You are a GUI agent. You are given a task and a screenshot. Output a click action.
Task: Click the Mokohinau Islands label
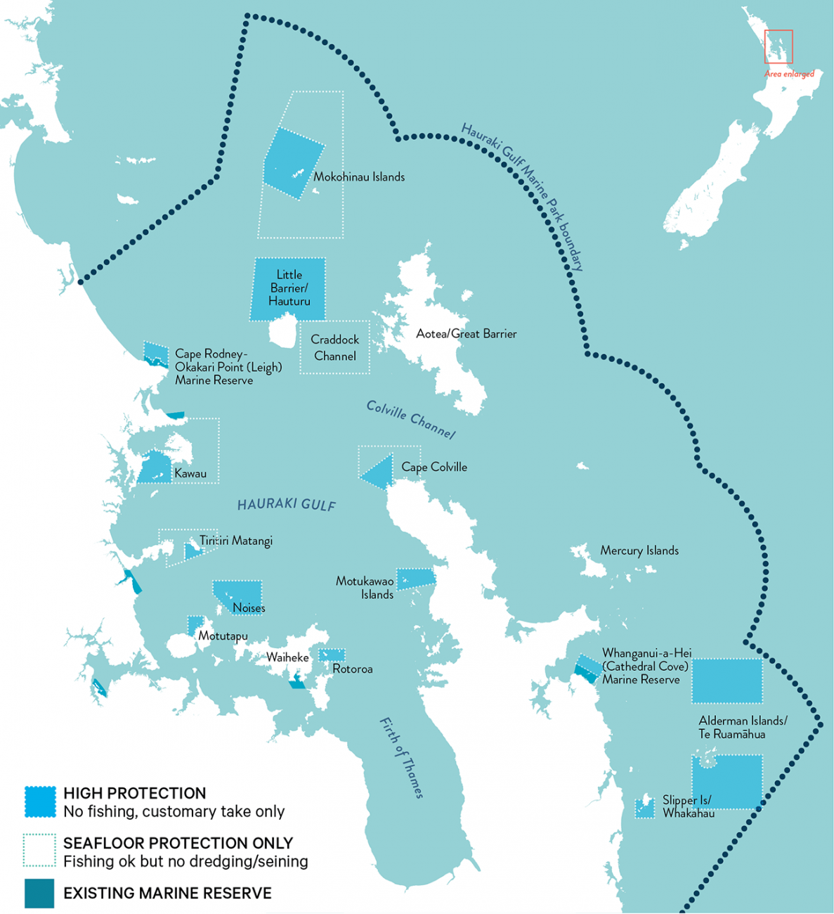[358, 177]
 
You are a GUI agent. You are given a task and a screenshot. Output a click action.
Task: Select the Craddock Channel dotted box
[334, 348]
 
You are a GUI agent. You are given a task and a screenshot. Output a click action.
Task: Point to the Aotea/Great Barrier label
[466, 334]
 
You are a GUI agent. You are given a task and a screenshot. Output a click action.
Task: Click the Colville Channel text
[411, 420]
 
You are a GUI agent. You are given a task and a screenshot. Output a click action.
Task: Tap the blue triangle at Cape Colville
[379, 473]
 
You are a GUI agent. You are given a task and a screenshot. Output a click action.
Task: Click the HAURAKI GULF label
[286, 504]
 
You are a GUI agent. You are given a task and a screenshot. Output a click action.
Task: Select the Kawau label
[190, 474]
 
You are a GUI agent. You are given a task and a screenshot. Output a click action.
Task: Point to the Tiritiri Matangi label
[235, 541]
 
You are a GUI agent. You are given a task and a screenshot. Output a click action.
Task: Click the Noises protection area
[237, 595]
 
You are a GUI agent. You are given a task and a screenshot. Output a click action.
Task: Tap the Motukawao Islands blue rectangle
[416, 578]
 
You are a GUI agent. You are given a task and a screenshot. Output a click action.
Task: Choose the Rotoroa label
[352, 669]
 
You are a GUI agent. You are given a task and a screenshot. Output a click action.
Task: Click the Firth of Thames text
[402, 757]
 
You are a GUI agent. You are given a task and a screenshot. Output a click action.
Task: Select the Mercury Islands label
[639, 551]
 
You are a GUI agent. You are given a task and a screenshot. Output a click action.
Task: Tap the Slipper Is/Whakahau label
[687, 806]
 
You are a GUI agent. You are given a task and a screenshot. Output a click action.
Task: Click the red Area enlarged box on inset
[778, 47]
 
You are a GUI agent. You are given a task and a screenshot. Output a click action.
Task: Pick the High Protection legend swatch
[40, 802]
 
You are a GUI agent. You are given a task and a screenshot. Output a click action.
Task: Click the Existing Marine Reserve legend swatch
[39, 893]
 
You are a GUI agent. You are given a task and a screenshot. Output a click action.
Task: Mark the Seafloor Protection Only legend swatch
[39, 851]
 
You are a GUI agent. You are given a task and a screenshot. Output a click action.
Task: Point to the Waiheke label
[287, 658]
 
